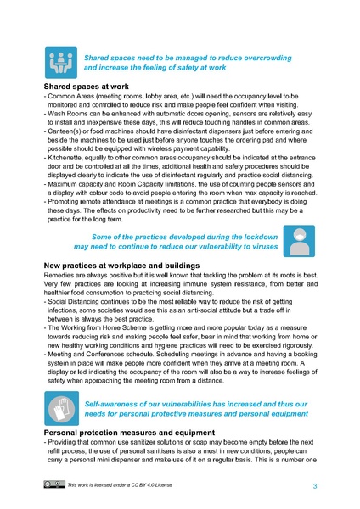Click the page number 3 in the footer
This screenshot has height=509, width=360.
point(315,485)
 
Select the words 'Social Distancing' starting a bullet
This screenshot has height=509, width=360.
point(77,277)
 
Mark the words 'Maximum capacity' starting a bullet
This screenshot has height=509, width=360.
point(77,183)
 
